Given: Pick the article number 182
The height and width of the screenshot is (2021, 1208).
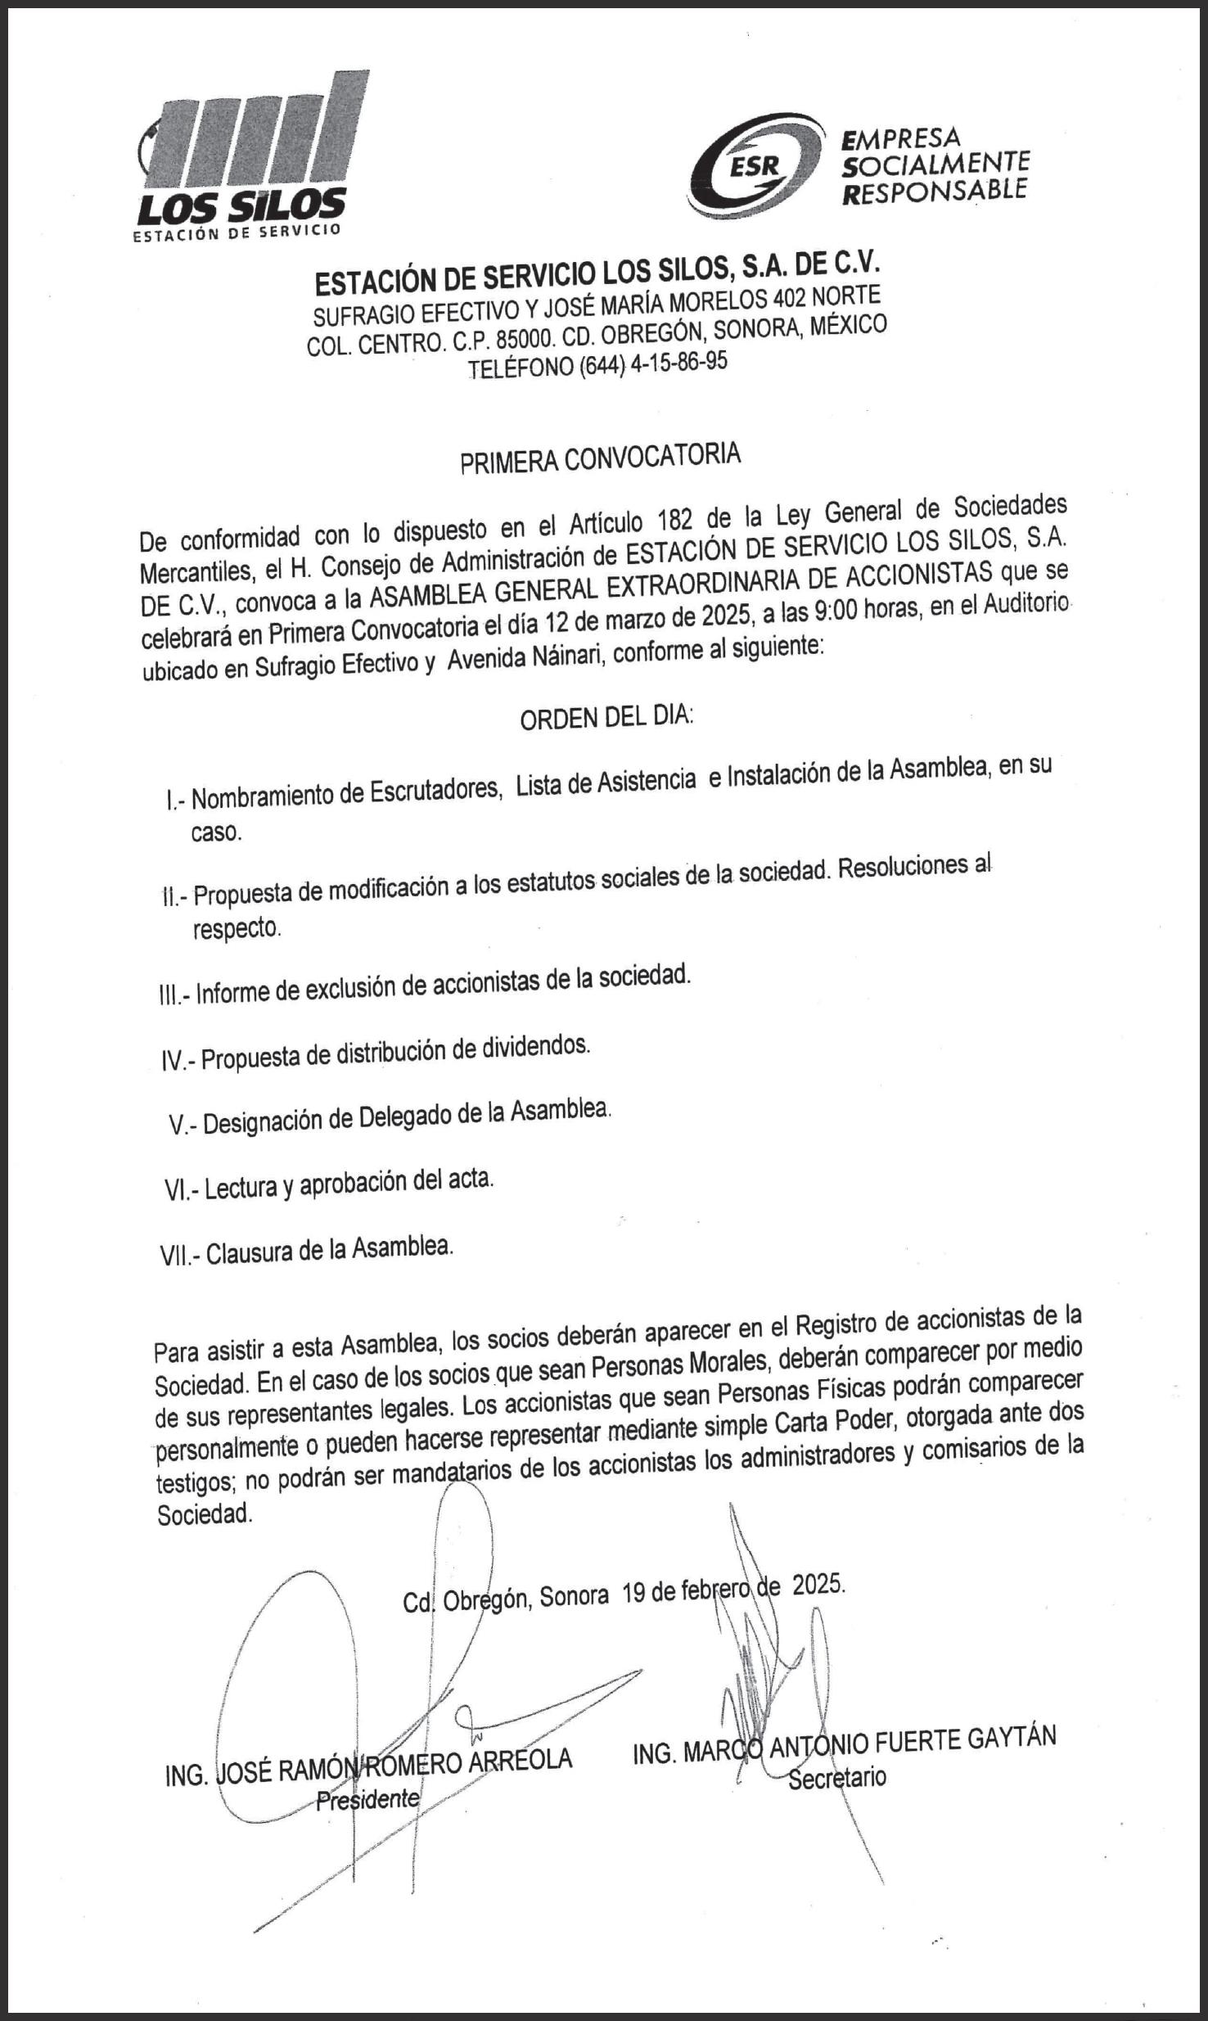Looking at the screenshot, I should click(673, 520).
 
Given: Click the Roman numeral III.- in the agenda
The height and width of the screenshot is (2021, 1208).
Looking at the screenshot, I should click(175, 995).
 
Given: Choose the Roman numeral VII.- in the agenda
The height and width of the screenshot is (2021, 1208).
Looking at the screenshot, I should click(180, 1255).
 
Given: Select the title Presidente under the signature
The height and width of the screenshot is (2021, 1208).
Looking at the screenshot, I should click(367, 1798).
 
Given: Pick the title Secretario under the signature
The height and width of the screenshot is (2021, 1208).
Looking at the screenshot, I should click(836, 1777).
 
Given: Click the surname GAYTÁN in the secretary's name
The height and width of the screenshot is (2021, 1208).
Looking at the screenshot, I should click(1012, 1739).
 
